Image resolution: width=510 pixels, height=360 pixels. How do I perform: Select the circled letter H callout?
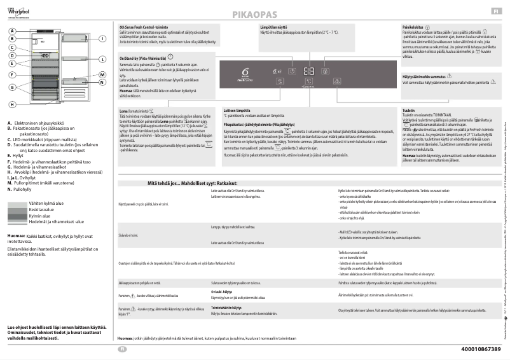(x=11, y=104)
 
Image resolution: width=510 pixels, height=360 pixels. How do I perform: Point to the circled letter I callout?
(x=101, y=38)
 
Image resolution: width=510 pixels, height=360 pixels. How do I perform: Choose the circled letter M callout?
(x=101, y=75)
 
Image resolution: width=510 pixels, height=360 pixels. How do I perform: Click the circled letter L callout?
(x=101, y=59)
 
